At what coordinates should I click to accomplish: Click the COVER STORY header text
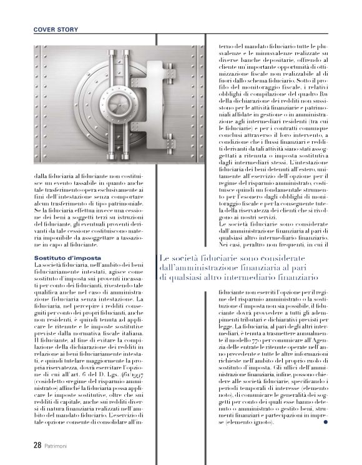point(54,29)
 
